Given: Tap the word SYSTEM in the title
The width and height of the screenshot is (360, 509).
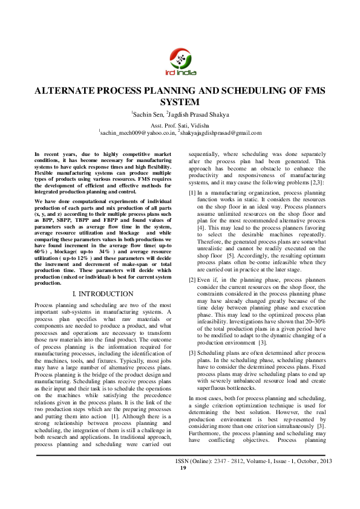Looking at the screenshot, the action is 180,102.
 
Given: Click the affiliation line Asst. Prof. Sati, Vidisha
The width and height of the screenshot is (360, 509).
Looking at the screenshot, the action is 180,123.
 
